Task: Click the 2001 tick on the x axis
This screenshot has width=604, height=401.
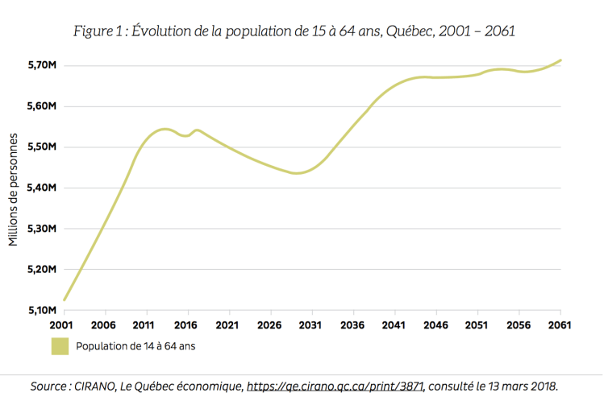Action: click(63, 325)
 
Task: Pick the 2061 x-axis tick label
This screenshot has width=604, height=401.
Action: click(560, 325)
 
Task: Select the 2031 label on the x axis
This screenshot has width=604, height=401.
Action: click(311, 325)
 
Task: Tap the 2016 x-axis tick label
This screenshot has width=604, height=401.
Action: click(187, 325)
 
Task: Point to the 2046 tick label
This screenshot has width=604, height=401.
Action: click(435, 325)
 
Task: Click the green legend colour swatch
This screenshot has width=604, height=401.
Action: click(60, 346)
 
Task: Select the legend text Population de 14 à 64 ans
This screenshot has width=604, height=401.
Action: click(135, 347)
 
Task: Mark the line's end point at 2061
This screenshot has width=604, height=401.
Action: click(560, 60)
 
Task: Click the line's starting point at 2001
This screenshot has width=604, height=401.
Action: click(63, 300)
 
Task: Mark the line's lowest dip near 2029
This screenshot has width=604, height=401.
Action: click(297, 173)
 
